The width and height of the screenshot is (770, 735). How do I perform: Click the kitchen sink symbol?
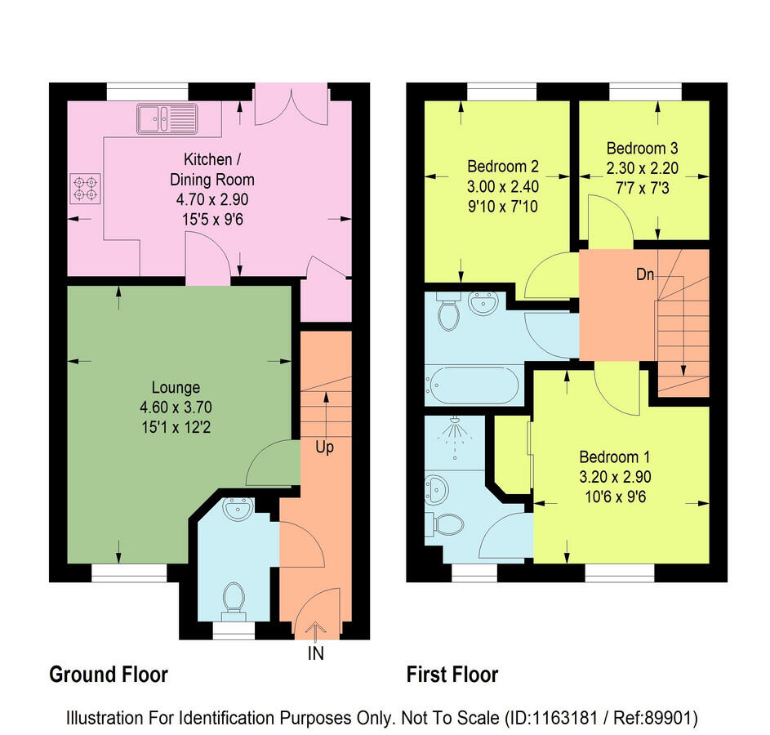(x=167, y=118)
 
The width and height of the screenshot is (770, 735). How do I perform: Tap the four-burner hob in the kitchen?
(x=85, y=189)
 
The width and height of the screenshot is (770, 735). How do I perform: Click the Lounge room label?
(x=176, y=387)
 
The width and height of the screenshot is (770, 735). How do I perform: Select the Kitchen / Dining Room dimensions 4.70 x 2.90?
(x=212, y=199)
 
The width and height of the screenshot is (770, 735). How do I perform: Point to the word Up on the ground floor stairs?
(x=325, y=447)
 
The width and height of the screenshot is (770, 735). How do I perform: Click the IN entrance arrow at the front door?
(x=316, y=630)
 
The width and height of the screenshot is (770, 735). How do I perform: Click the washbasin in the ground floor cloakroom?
(x=238, y=509)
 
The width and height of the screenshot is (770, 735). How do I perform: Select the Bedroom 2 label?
(x=503, y=167)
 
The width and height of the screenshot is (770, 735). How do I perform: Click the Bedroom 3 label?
(x=643, y=148)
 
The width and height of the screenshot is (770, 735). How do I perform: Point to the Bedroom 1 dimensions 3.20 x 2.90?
(x=616, y=477)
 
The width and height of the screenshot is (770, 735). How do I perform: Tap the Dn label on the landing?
(x=645, y=274)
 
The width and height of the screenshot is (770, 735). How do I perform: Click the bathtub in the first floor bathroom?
(x=471, y=385)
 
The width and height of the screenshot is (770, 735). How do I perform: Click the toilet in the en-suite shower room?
(x=444, y=525)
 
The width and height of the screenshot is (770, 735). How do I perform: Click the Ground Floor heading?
(x=109, y=675)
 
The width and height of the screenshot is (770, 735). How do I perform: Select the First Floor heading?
(x=452, y=675)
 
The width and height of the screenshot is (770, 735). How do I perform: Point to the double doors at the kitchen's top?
(x=292, y=109)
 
